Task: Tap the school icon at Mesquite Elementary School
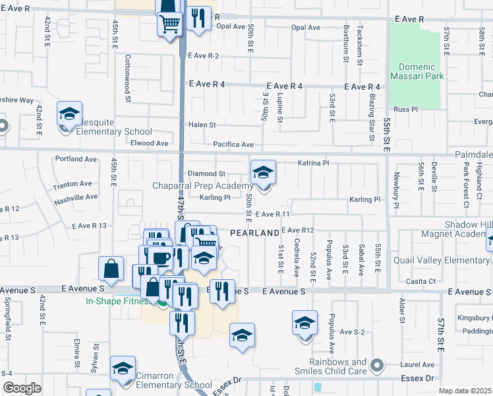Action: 69,114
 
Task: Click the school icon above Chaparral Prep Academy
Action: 263,173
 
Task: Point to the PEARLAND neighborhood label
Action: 254,234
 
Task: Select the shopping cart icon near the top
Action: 169,24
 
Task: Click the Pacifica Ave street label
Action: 233,145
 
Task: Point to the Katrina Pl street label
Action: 313,162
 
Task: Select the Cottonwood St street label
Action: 127,77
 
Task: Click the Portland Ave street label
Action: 76,159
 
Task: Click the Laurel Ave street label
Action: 418,364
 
